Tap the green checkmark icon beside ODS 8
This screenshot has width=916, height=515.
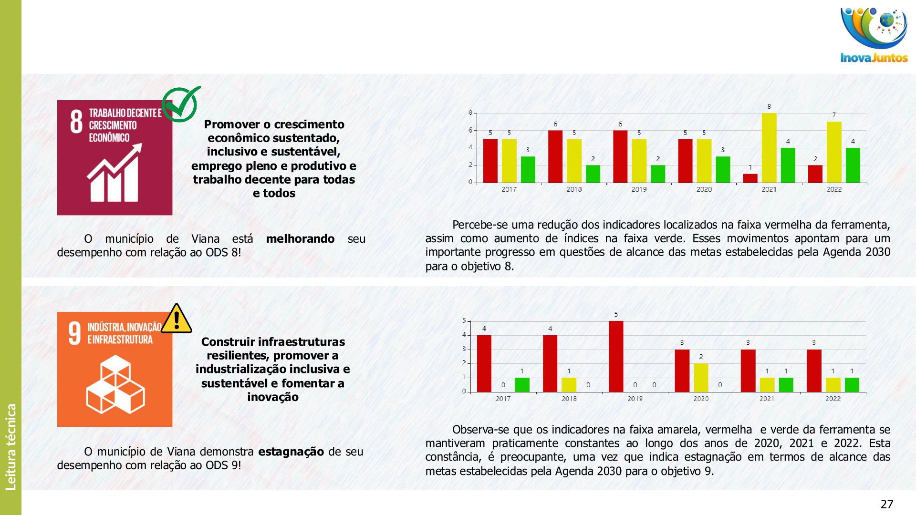[181, 103]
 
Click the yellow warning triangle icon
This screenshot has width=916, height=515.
[177, 319]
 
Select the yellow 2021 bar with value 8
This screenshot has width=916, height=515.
[769, 147]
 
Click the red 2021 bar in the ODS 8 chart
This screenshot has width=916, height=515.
[750, 178]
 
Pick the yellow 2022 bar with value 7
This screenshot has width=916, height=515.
[834, 152]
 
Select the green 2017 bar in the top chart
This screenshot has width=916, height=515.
[528, 169]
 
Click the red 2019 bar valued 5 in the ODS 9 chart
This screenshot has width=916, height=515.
[616, 356]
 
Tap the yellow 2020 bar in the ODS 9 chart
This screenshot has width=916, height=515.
[701, 377]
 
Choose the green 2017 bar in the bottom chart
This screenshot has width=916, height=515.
[522, 384]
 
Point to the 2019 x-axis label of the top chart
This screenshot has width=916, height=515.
[639, 189]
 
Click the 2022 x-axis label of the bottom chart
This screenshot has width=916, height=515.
[833, 399]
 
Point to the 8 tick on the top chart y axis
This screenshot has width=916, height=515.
[470, 113]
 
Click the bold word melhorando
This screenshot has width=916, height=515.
[300, 239]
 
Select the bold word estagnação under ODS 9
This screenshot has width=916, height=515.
[291, 452]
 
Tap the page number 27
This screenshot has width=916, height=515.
[886, 504]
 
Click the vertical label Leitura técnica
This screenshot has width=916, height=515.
[11, 447]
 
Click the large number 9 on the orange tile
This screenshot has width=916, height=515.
[74, 333]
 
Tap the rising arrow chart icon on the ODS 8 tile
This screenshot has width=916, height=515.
[114, 173]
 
